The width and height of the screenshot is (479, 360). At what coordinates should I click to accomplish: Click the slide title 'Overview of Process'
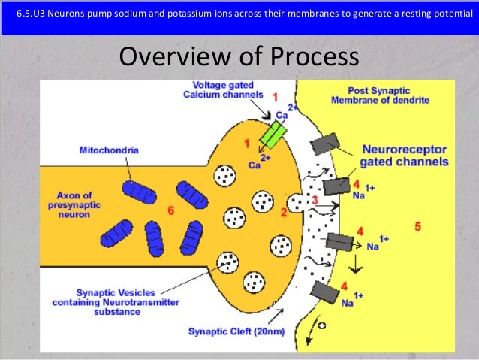pos(239,58)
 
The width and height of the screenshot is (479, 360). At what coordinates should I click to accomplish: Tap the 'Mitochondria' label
pos(109,150)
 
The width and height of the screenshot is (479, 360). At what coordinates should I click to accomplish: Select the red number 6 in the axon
pos(171,211)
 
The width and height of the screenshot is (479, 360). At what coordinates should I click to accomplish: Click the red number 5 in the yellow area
pos(418,225)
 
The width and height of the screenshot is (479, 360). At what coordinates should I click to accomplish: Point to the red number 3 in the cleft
pos(315,200)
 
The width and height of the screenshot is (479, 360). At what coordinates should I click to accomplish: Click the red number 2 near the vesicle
pos(284,213)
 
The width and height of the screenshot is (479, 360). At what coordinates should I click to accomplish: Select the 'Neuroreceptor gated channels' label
pos(404,156)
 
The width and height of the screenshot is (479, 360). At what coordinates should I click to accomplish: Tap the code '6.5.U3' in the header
pos(30,14)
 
